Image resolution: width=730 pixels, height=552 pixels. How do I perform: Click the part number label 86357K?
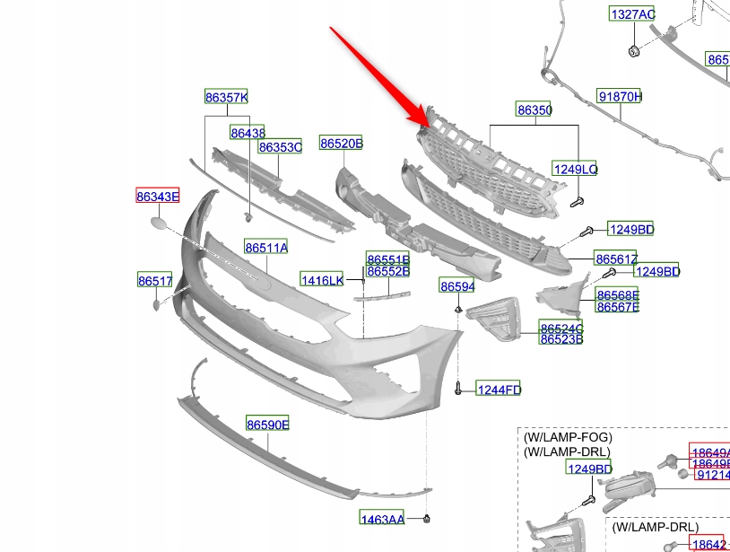coord(226,97)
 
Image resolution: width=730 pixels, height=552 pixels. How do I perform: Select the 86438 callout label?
coord(248,133)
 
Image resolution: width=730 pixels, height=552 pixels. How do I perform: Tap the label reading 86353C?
coord(280,146)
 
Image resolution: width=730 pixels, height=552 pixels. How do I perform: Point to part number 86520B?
coord(341,143)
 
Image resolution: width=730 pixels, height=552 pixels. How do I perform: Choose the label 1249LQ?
coord(575,169)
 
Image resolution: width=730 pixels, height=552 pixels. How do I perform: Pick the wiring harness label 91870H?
coord(621,96)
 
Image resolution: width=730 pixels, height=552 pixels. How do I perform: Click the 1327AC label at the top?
coord(633,14)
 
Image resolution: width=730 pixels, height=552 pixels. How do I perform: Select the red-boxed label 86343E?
coord(157,196)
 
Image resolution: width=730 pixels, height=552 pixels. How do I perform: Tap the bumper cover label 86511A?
coord(265,247)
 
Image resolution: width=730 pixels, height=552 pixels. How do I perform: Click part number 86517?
coord(154,281)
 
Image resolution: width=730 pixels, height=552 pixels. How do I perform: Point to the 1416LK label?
coord(321,281)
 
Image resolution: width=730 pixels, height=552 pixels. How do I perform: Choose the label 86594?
coord(456,286)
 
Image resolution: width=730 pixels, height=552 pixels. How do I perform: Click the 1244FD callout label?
coord(498,390)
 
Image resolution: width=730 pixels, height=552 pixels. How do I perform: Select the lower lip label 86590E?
coord(267,424)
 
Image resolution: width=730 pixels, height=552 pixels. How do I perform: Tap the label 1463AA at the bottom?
coord(382,519)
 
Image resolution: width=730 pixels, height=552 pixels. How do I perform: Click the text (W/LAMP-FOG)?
coord(568,437)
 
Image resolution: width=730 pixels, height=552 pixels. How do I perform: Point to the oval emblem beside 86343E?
coord(158,224)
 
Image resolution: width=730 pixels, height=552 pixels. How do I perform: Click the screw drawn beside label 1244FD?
coord(458,389)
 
